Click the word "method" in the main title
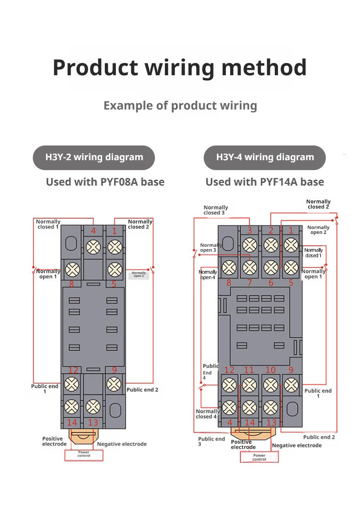(264, 67)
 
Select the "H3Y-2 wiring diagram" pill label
(94, 158)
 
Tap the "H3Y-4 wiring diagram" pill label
(265, 158)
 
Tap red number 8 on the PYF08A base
(72, 284)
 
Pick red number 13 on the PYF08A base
(93, 422)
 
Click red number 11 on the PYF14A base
(249, 370)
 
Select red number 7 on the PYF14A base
(249, 283)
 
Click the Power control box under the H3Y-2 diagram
(84, 455)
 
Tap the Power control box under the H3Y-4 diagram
(259, 457)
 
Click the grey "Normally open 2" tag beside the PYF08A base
(139, 275)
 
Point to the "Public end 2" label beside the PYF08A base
(143, 390)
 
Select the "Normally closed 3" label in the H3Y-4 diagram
(216, 210)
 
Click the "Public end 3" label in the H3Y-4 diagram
(211, 441)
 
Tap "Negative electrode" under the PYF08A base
(122, 444)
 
